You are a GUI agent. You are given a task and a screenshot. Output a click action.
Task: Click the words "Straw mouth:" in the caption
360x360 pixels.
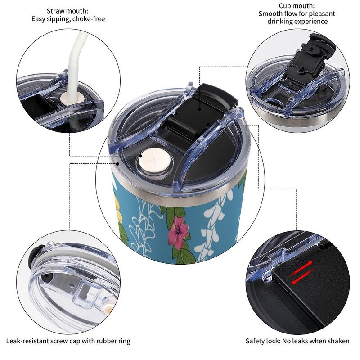point(67,11)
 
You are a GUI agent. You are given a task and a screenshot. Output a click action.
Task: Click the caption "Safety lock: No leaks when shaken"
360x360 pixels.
point(297,341)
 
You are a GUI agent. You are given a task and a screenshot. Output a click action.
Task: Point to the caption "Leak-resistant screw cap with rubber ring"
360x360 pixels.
point(68,341)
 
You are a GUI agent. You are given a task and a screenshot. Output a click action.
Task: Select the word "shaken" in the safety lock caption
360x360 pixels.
point(338,341)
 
